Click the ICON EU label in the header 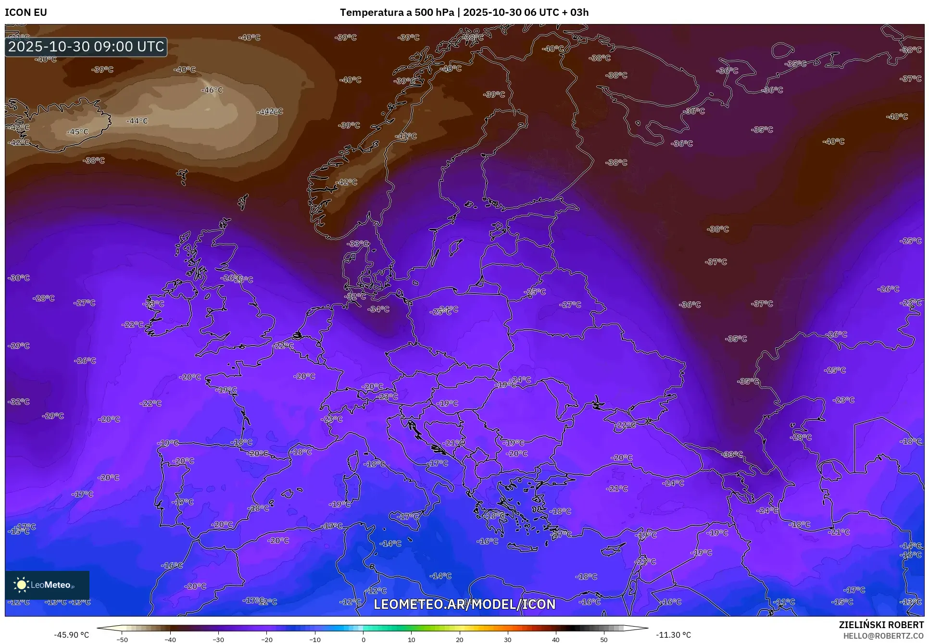pyautogui.click(x=26, y=12)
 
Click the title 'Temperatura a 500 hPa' pyautogui.click(x=397, y=12)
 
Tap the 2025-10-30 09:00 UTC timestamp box pyautogui.click(x=87, y=47)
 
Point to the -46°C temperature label pyautogui.click(x=212, y=90)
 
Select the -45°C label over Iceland pyautogui.click(x=77, y=132)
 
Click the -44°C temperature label pyautogui.click(x=137, y=121)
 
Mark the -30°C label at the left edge pyautogui.click(x=19, y=278)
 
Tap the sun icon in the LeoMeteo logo pyautogui.click(x=21, y=584)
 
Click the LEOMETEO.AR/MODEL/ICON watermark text pyautogui.click(x=464, y=604)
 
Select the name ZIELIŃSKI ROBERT pyautogui.click(x=881, y=625)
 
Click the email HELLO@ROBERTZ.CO pyautogui.click(x=883, y=636)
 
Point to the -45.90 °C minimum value pyautogui.click(x=71, y=635)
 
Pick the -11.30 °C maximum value pyautogui.click(x=673, y=635)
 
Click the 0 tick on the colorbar pyautogui.click(x=363, y=640)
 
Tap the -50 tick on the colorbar pyautogui.click(x=122, y=640)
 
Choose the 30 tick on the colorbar pyautogui.click(x=508, y=640)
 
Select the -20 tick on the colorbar pyautogui.click(x=266, y=640)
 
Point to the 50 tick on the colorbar pyautogui.click(x=604, y=640)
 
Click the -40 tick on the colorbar pyautogui.click(x=170, y=640)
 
